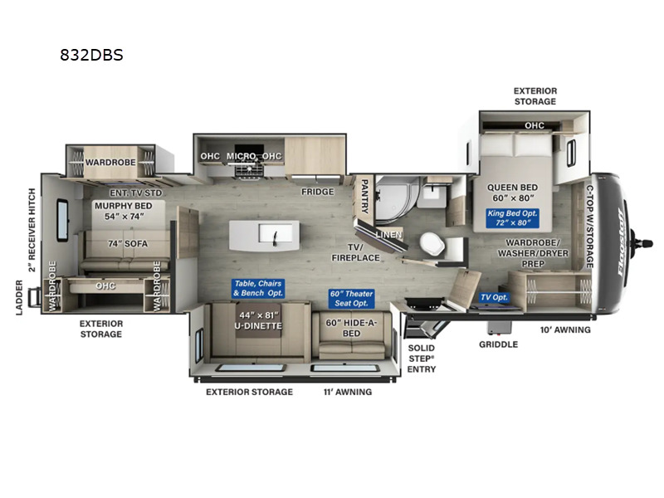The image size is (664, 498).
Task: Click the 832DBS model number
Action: (91, 55)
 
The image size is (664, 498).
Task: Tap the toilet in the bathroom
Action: (432, 244)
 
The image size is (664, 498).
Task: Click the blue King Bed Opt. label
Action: (512, 218)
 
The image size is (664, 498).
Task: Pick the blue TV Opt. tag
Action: (494, 297)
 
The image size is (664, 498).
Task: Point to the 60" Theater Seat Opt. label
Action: (351, 299)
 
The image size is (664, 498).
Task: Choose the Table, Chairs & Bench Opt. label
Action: (258, 288)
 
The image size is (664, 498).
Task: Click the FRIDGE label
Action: (318, 192)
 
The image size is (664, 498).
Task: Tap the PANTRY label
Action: (364, 196)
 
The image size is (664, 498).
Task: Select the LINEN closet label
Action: (388, 234)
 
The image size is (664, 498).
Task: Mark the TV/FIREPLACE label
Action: (356, 252)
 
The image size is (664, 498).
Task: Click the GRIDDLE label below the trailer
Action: (499, 344)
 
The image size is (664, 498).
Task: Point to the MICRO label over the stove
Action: (241, 156)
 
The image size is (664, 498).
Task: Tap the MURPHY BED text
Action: (123, 206)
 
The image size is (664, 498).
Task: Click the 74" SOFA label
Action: (128, 244)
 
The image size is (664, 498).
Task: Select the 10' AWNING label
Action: (565, 330)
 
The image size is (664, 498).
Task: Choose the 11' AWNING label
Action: (348, 392)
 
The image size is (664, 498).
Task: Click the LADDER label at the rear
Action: (19, 298)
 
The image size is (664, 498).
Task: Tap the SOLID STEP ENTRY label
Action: (422, 359)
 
